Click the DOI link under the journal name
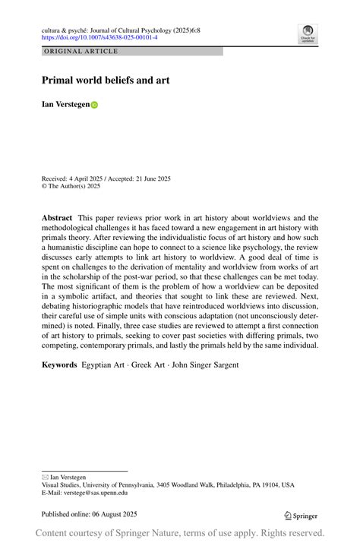[x=99, y=36]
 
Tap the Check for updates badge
[x=308, y=33]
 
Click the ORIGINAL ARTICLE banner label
[x=81, y=52]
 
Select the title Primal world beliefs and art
[x=105, y=80]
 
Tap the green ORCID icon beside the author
[x=95, y=106]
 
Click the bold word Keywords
[x=59, y=365]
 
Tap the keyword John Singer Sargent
[x=207, y=365]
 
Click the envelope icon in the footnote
[x=45, y=477]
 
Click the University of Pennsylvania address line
[x=168, y=484]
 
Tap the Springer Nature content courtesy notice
[x=180, y=533]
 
